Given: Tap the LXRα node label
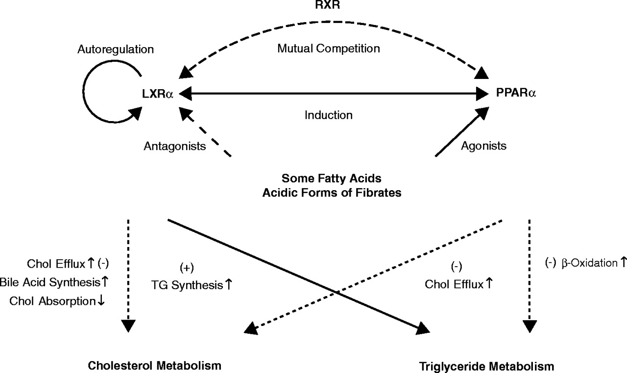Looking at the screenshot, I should [x=157, y=93].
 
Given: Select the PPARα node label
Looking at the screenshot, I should [x=515, y=93].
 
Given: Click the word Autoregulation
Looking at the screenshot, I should [x=115, y=50].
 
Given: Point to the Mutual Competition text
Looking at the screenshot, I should [x=329, y=49].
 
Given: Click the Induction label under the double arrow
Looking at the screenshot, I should [x=328, y=116].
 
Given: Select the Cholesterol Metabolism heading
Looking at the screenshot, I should [x=155, y=366].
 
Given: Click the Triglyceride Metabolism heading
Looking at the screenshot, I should [x=487, y=366].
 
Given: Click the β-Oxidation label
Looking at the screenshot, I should [x=586, y=263].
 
